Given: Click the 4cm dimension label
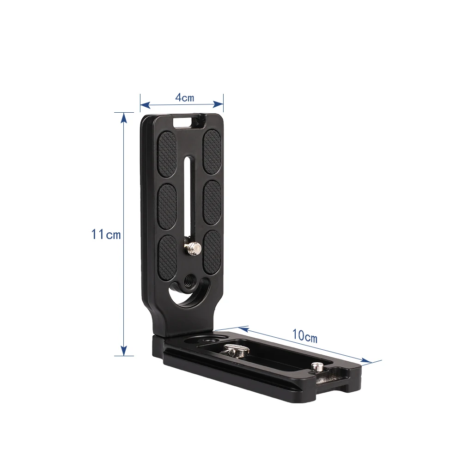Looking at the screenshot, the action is click(x=185, y=97).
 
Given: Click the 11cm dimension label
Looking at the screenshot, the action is click(x=106, y=234).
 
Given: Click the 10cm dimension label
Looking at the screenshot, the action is click(x=304, y=336).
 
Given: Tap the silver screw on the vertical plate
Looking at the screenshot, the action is click(x=192, y=248).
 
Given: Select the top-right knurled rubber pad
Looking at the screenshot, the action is click(x=212, y=152).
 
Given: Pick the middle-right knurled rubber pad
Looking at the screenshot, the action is click(x=213, y=203).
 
